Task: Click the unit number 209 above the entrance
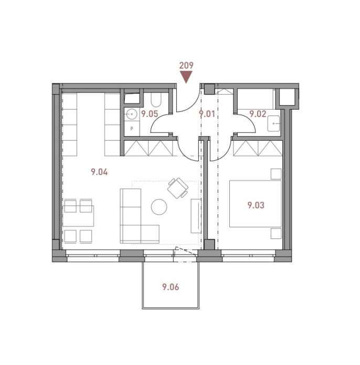point(186,66)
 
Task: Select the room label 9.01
point(207,114)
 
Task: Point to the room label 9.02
point(258,114)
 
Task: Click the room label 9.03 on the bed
point(256,205)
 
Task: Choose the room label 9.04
point(99,172)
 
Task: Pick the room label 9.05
point(150,114)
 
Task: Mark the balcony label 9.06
point(171,287)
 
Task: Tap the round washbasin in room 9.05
point(131,114)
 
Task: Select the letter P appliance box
point(132,129)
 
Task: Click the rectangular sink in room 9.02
point(274,123)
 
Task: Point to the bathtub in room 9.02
point(256,99)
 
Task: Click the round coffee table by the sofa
point(159,207)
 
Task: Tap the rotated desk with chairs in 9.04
point(178,188)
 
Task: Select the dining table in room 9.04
point(78,216)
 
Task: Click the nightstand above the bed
point(276,174)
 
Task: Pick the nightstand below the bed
point(276,234)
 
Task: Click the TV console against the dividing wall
point(196,216)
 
